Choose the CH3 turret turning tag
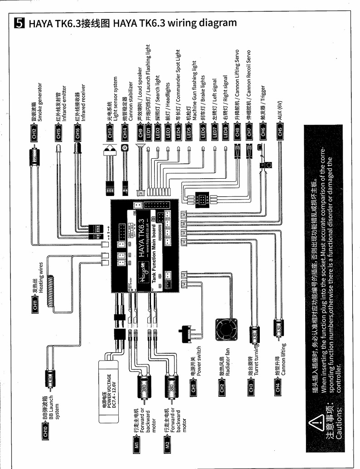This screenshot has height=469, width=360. [253, 389]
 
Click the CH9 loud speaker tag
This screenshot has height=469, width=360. [141, 134]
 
